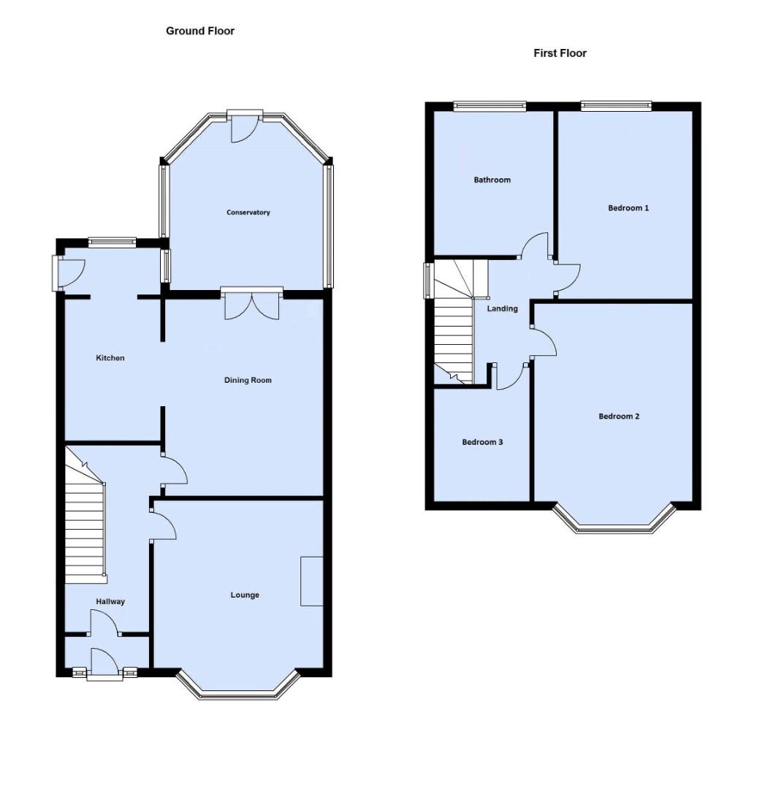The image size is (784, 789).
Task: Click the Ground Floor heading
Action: tap(200, 31)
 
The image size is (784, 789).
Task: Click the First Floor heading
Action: tap(560, 53)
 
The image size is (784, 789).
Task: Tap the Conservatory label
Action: tap(248, 213)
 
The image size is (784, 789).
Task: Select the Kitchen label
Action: tap(110, 358)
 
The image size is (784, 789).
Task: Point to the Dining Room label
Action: tap(248, 380)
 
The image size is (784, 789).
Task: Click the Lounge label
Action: tap(245, 595)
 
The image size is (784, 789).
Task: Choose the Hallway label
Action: tap(110, 602)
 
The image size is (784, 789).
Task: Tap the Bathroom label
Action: tap(492, 180)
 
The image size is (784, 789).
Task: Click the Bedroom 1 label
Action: tap(628, 208)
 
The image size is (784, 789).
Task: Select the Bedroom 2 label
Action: tap(619, 416)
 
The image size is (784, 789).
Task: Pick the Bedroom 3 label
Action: tap(482, 442)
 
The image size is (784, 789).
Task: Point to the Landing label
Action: tap(503, 309)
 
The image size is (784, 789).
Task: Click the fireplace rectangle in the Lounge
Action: tap(312, 581)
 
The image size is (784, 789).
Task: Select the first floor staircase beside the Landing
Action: tap(454, 329)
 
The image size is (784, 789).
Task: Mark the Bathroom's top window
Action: tap(490, 106)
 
